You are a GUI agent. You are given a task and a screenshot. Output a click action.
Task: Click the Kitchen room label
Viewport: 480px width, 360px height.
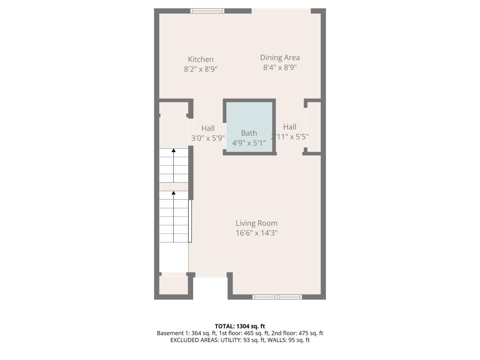click(x=201, y=60)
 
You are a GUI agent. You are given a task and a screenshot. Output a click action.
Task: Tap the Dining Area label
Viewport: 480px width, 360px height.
click(x=280, y=58)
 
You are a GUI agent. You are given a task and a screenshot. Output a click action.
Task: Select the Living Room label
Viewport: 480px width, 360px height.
click(x=257, y=223)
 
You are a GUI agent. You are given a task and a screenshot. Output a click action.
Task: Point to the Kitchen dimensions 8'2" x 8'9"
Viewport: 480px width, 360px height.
click(x=201, y=69)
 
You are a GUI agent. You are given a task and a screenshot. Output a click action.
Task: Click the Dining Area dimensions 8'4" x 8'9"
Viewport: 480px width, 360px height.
click(x=280, y=68)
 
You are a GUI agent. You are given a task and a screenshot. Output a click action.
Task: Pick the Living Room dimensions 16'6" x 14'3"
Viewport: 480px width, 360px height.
click(x=257, y=233)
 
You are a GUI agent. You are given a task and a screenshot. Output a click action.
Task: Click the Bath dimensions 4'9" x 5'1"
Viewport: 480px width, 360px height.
click(x=249, y=143)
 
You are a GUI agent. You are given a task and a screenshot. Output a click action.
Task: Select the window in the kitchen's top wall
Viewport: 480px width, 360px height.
click(x=207, y=11)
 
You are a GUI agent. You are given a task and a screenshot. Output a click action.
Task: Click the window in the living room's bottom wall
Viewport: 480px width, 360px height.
click(x=277, y=297)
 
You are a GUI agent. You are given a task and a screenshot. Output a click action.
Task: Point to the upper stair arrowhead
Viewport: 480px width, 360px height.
click(x=173, y=150)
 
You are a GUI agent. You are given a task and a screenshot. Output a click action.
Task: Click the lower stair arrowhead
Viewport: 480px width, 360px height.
click(x=173, y=193)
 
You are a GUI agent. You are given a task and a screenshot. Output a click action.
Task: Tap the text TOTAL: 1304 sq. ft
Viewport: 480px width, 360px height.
click(x=240, y=326)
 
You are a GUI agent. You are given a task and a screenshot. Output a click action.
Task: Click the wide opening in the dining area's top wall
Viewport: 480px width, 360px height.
click(x=281, y=11)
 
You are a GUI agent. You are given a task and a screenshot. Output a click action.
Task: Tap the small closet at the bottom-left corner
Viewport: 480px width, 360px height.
click(x=173, y=285)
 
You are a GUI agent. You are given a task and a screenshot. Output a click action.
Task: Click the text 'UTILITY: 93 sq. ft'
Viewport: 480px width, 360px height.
click(x=243, y=340)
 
